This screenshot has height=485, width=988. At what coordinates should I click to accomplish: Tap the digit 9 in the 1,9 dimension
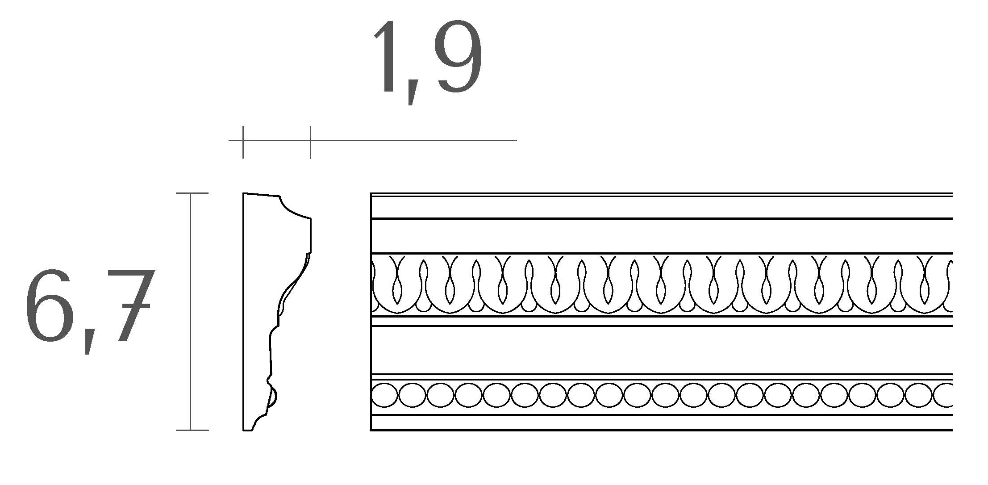pyautogui.click(x=459, y=57)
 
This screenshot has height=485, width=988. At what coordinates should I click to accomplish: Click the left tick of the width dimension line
pyautogui.click(x=243, y=142)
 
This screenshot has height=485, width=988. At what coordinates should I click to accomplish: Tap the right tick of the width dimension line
pyautogui.click(x=310, y=142)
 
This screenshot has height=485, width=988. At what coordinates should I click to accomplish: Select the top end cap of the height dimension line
pyautogui.click(x=192, y=193)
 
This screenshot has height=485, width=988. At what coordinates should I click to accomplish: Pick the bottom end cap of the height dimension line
pyautogui.click(x=192, y=430)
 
